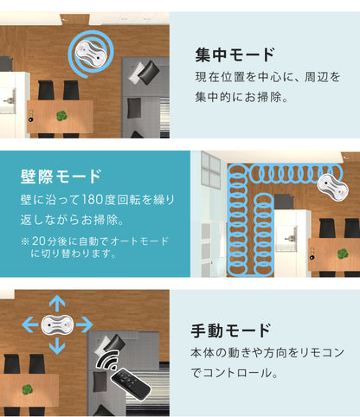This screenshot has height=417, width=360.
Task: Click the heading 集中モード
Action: point(235,55)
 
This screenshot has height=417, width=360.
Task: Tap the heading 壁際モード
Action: point(61,176)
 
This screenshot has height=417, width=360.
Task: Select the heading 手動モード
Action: point(231,330)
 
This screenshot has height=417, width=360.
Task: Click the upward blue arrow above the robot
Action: point(57,304)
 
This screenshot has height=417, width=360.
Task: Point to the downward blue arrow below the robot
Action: point(57,345)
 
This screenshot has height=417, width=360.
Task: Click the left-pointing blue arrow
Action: point(30,324)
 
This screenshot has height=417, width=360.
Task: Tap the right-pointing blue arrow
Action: point(84,324)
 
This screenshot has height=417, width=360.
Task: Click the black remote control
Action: point(132,383)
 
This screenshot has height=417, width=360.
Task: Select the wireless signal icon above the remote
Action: point(107,360)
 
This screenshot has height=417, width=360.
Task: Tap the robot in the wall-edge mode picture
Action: point(332,187)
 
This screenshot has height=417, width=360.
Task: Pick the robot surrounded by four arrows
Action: point(57,325)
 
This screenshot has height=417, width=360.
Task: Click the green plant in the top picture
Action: point(61,116)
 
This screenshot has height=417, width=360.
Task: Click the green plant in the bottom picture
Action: point(28,389)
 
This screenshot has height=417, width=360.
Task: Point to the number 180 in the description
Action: point(93,200)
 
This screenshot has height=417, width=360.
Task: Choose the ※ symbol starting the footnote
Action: point(25,241)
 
